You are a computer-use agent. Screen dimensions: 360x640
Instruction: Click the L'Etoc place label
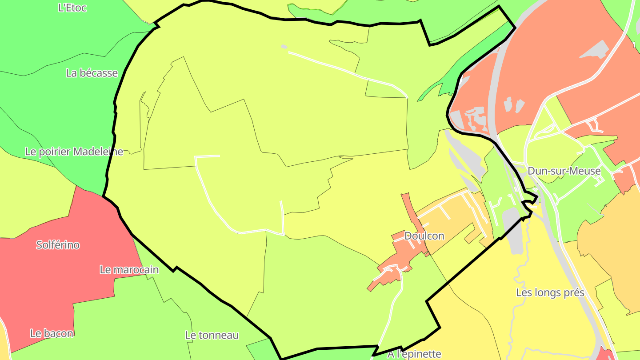[x=72, y=8]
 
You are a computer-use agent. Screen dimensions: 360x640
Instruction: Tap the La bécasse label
[x=92, y=73]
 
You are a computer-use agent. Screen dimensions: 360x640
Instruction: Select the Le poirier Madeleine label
[x=74, y=152]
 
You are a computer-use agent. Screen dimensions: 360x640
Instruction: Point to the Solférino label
[x=58, y=245]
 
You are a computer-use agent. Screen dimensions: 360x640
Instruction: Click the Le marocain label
[x=129, y=270]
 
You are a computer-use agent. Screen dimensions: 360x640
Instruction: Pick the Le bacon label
[x=52, y=333]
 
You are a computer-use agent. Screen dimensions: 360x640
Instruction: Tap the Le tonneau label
[x=212, y=335]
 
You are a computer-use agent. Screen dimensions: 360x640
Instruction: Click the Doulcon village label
[x=424, y=236]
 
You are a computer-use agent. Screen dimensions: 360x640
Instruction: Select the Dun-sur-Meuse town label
[x=564, y=171]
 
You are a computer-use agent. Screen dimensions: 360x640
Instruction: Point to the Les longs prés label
[x=550, y=292]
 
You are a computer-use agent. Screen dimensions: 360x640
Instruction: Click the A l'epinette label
[x=414, y=354]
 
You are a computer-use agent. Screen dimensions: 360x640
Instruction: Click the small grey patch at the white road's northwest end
[x=284, y=46]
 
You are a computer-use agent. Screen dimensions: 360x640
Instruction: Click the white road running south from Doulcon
[x=393, y=307]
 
